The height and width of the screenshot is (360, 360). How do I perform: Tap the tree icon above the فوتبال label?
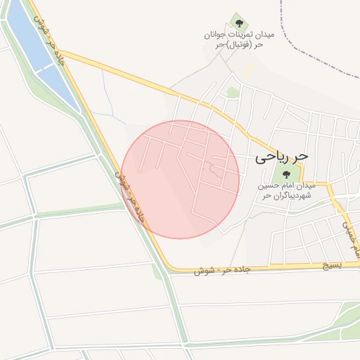click(236, 21)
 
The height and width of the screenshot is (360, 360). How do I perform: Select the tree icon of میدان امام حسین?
click(285, 174)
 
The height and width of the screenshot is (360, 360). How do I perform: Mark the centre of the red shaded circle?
click(180, 179)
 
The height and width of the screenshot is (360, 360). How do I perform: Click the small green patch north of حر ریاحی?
click(233, 92)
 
